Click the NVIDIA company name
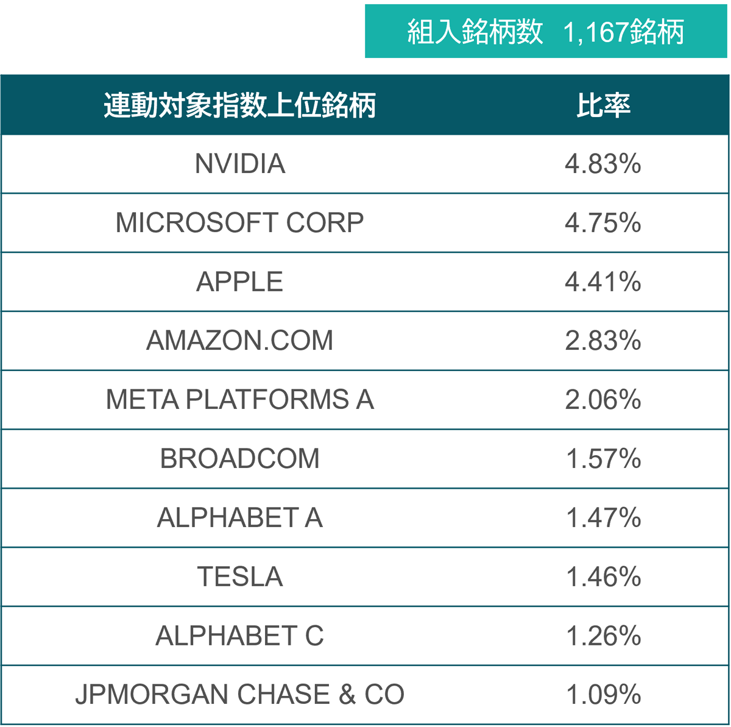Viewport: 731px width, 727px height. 240,164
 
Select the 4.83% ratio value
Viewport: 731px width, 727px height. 602,164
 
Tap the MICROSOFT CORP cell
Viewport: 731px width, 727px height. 240,223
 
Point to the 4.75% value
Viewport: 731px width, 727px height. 602,223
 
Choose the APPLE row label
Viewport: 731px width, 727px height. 240,282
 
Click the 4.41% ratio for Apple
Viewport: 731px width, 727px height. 602,282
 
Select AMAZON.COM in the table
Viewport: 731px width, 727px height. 240,341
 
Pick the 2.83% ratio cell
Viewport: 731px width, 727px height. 602,341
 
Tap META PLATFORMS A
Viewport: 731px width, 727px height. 240,400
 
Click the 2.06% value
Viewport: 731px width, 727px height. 602,400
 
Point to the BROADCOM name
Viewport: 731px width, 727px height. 240,459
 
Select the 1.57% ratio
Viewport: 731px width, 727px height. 602,459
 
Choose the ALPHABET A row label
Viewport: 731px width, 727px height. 240,518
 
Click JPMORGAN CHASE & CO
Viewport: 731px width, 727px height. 240,695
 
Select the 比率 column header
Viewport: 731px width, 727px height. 603,105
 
